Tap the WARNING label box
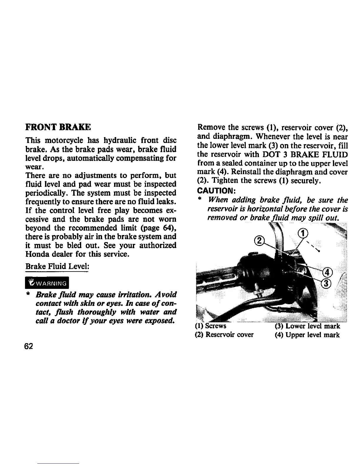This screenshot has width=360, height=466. click(x=47, y=284)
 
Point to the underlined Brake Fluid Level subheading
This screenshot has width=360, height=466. click(x=57, y=266)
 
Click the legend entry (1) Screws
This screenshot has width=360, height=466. click(x=211, y=326)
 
